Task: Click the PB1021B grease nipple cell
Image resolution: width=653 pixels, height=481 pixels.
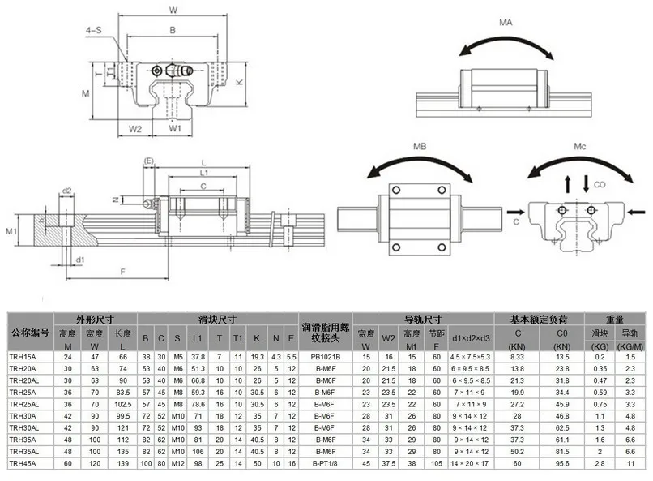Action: [325, 356]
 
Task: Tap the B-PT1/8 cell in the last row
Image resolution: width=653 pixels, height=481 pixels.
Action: [325, 463]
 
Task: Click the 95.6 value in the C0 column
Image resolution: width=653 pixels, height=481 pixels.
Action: [561, 463]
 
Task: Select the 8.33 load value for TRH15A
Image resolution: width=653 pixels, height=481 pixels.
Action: [517, 356]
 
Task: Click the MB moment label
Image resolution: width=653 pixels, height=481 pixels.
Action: [420, 148]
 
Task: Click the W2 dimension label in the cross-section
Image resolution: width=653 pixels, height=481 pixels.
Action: [135, 127]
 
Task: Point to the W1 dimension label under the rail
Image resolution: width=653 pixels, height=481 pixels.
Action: [175, 127]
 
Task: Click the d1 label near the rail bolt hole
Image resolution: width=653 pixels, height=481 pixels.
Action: [79, 260]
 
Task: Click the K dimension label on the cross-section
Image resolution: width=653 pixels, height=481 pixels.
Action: [240, 82]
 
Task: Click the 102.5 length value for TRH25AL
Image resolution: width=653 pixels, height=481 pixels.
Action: [123, 404]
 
